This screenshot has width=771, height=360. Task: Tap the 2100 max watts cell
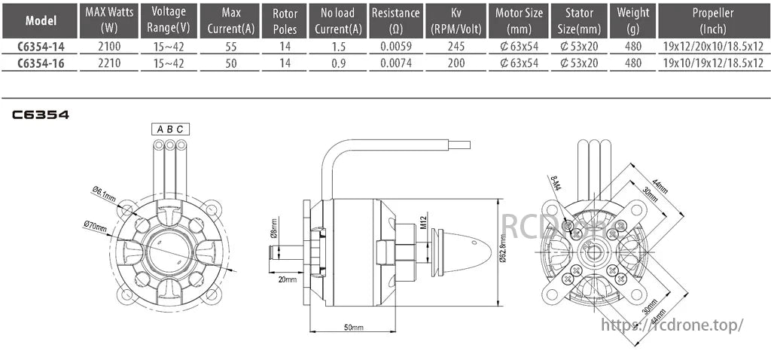click(x=105, y=46)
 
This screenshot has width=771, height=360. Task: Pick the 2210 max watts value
click(x=105, y=63)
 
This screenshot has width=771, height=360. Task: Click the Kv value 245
click(x=456, y=46)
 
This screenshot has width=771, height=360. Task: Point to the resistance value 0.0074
click(x=395, y=63)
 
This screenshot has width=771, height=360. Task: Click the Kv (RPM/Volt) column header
click(x=456, y=20)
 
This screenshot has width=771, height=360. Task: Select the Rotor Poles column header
click(x=285, y=20)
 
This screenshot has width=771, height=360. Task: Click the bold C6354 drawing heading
click(x=41, y=115)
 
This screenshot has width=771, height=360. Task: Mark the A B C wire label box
click(x=170, y=129)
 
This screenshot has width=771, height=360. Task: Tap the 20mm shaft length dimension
click(x=287, y=279)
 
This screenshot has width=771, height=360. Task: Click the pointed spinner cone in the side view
click(x=462, y=252)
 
